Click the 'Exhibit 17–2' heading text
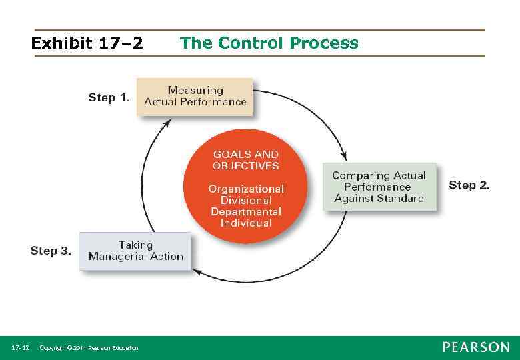(x=87, y=44)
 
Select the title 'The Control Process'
(x=269, y=43)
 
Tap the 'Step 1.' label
(x=108, y=97)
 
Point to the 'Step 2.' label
(x=469, y=185)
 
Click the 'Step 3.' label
(x=51, y=251)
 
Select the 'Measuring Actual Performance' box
(x=195, y=96)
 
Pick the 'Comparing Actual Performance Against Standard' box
(x=379, y=187)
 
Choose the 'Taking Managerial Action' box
(x=135, y=251)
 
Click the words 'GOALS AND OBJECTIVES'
(x=245, y=160)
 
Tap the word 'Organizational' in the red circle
(x=245, y=189)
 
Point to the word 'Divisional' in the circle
(x=245, y=201)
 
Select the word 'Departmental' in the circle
(x=245, y=212)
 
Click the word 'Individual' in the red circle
(x=245, y=223)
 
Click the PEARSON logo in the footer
(x=475, y=347)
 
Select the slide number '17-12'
(x=20, y=348)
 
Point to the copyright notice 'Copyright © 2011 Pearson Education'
(x=89, y=348)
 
